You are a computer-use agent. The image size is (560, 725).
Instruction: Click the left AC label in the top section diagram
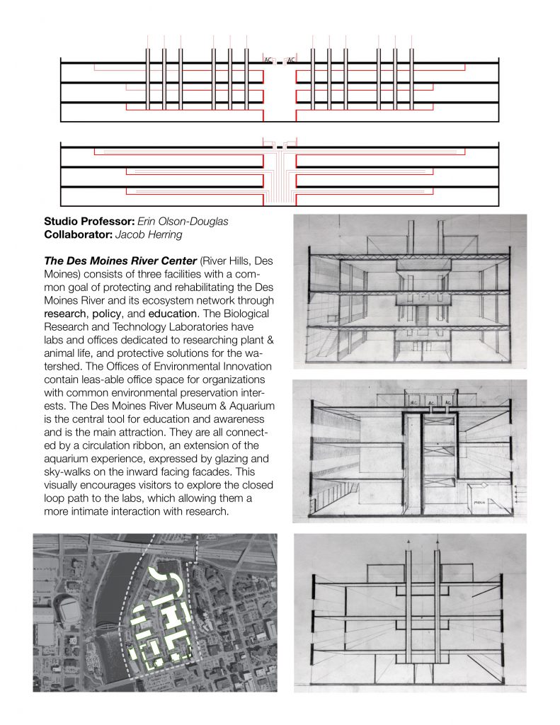pyautogui.click(x=268, y=60)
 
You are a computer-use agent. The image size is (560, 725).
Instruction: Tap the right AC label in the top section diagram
pyautogui.click(x=291, y=60)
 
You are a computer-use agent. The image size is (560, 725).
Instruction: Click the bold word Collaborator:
pyautogui.click(x=78, y=234)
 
